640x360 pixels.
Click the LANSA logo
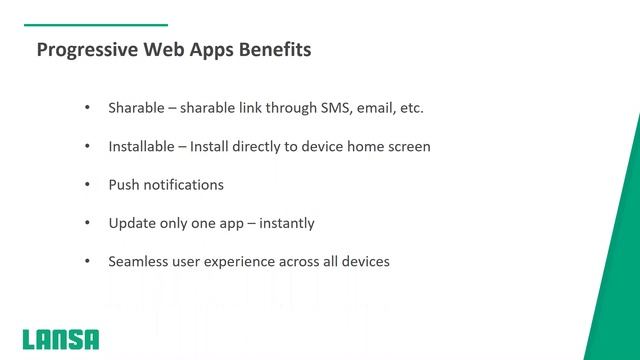(x=61, y=338)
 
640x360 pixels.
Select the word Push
(x=124, y=185)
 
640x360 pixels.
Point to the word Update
(x=131, y=223)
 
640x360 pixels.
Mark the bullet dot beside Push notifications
(x=87, y=185)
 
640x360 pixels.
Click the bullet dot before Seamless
(x=87, y=262)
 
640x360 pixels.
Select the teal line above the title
(x=94, y=24)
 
